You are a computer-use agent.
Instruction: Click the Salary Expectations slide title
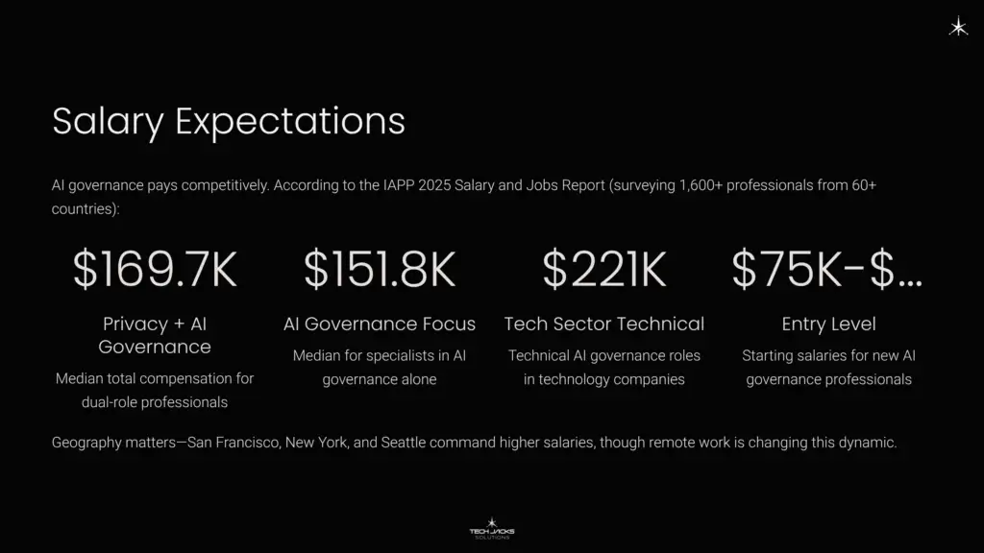228,123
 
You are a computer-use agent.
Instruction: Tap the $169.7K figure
155,270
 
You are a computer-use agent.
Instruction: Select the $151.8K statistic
380,270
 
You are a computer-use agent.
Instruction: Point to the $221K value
603,270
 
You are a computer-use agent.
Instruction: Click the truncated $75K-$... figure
827,270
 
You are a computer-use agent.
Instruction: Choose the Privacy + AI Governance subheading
155,335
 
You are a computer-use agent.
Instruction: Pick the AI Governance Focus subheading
380,325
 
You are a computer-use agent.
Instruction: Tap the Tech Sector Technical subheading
603,325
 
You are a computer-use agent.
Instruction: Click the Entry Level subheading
828,325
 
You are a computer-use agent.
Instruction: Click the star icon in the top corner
958,28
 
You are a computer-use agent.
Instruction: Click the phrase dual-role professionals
155,402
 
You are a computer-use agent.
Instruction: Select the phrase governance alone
380,379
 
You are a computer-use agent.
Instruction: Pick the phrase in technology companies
603,379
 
